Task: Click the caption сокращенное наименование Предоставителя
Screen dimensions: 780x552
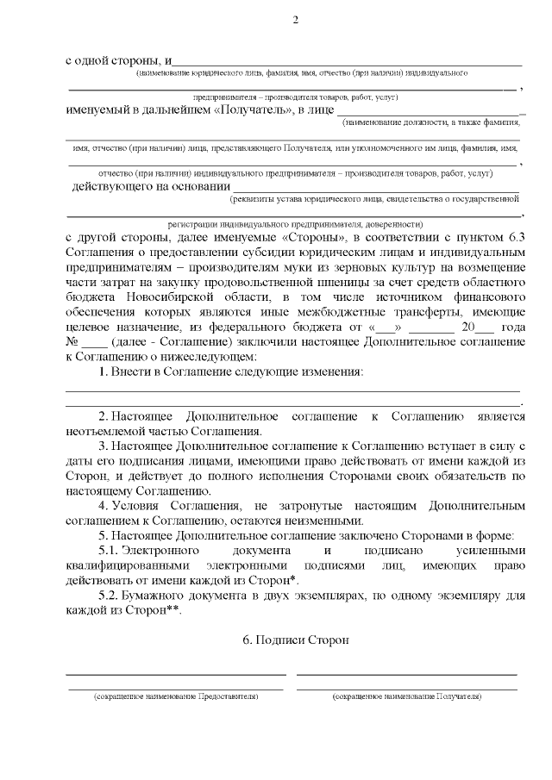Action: tap(176, 696)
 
